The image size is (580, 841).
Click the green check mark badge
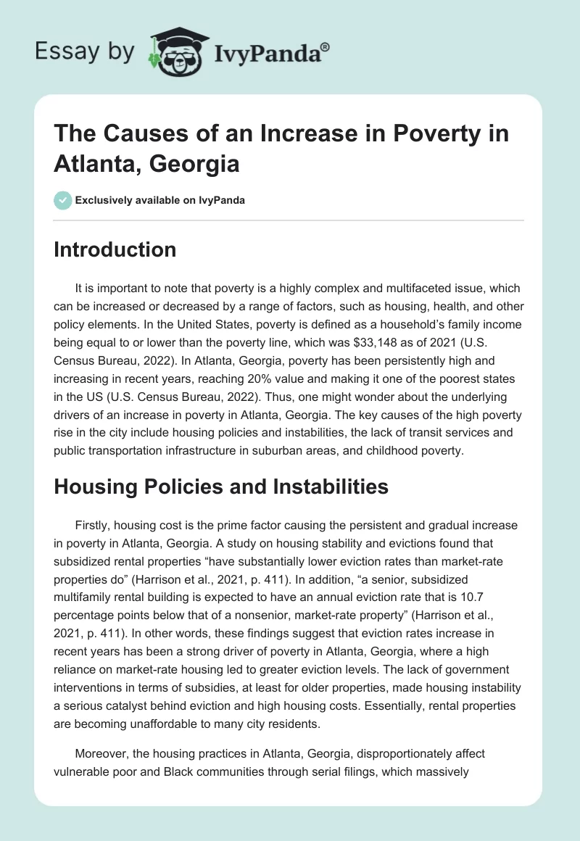pos(62,200)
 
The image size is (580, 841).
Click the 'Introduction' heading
pos(115,249)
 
